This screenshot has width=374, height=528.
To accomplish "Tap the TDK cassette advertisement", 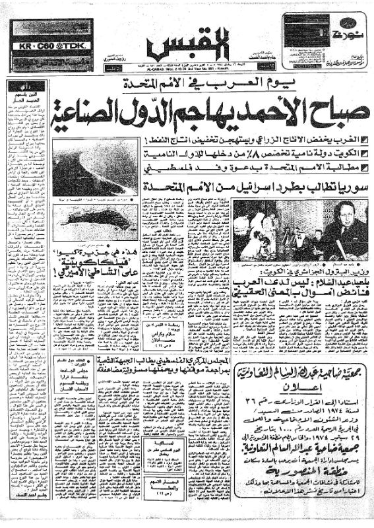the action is [x=51, y=47].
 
